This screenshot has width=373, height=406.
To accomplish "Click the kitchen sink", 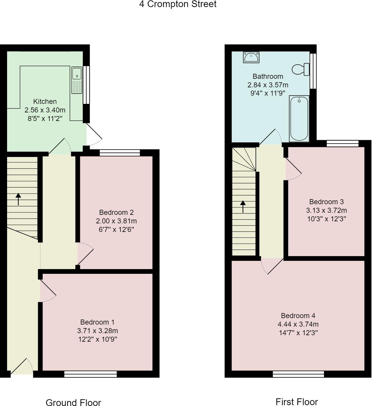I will (77, 80).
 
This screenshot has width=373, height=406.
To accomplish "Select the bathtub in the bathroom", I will (299, 119).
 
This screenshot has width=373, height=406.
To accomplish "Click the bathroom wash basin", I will (251, 57).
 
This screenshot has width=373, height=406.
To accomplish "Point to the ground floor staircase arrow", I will (18, 199).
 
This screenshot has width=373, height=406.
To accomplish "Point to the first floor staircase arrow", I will (243, 207).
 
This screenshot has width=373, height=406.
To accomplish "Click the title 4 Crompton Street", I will (178, 4).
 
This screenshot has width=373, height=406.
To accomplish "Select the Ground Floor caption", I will (73, 402).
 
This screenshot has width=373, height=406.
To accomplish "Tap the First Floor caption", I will (297, 402).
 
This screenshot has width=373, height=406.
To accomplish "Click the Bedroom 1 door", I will (47, 291).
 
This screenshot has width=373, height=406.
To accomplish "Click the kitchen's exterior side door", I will (94, 135).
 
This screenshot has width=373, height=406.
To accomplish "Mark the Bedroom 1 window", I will (91, 374).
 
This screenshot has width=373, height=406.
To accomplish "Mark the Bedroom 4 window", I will (298, 374).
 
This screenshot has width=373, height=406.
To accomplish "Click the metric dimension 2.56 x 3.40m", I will (45, 110).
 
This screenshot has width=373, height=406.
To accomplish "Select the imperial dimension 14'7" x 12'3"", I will (298, 333).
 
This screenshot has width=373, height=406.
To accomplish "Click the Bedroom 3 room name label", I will (326, 202).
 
